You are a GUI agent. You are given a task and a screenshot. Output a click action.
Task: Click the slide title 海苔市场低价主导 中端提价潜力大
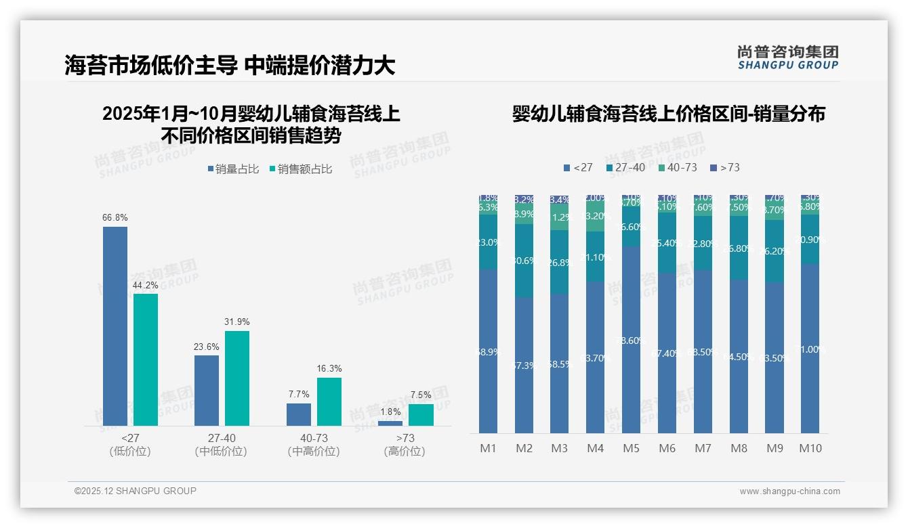click(x=230, y=66)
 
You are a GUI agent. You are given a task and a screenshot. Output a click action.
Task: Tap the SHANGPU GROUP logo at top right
click(x=787, y=58)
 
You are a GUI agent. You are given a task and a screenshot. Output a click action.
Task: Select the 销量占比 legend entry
click(x=233, y=169)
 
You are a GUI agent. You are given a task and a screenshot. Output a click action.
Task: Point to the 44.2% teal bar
click(x=146, y=359)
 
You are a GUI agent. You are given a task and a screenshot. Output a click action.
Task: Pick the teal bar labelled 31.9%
click(x=237, y=378)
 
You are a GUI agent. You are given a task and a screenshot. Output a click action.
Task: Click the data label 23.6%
click(x=207, y=347)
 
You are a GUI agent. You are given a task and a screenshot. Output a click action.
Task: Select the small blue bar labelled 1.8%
click(x=390, y=423)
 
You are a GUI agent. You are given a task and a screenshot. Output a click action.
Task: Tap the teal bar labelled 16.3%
click(x=329, y=401)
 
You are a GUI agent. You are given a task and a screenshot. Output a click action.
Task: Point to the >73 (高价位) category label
click(x=405, y=445)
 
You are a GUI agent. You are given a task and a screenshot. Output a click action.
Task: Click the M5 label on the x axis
click(x=631, y=448)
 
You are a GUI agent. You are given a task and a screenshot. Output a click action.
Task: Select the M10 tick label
click(x=810, y=448)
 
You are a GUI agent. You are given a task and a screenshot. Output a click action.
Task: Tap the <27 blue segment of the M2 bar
click(x=524, y=366)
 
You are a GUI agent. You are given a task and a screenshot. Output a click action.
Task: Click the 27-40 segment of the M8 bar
click(x=739, y=248)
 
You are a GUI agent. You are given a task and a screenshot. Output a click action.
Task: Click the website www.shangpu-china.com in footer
click(x=789, y=491)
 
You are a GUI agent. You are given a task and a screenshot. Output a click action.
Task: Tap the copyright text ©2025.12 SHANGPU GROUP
click(x=136, y=491)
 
